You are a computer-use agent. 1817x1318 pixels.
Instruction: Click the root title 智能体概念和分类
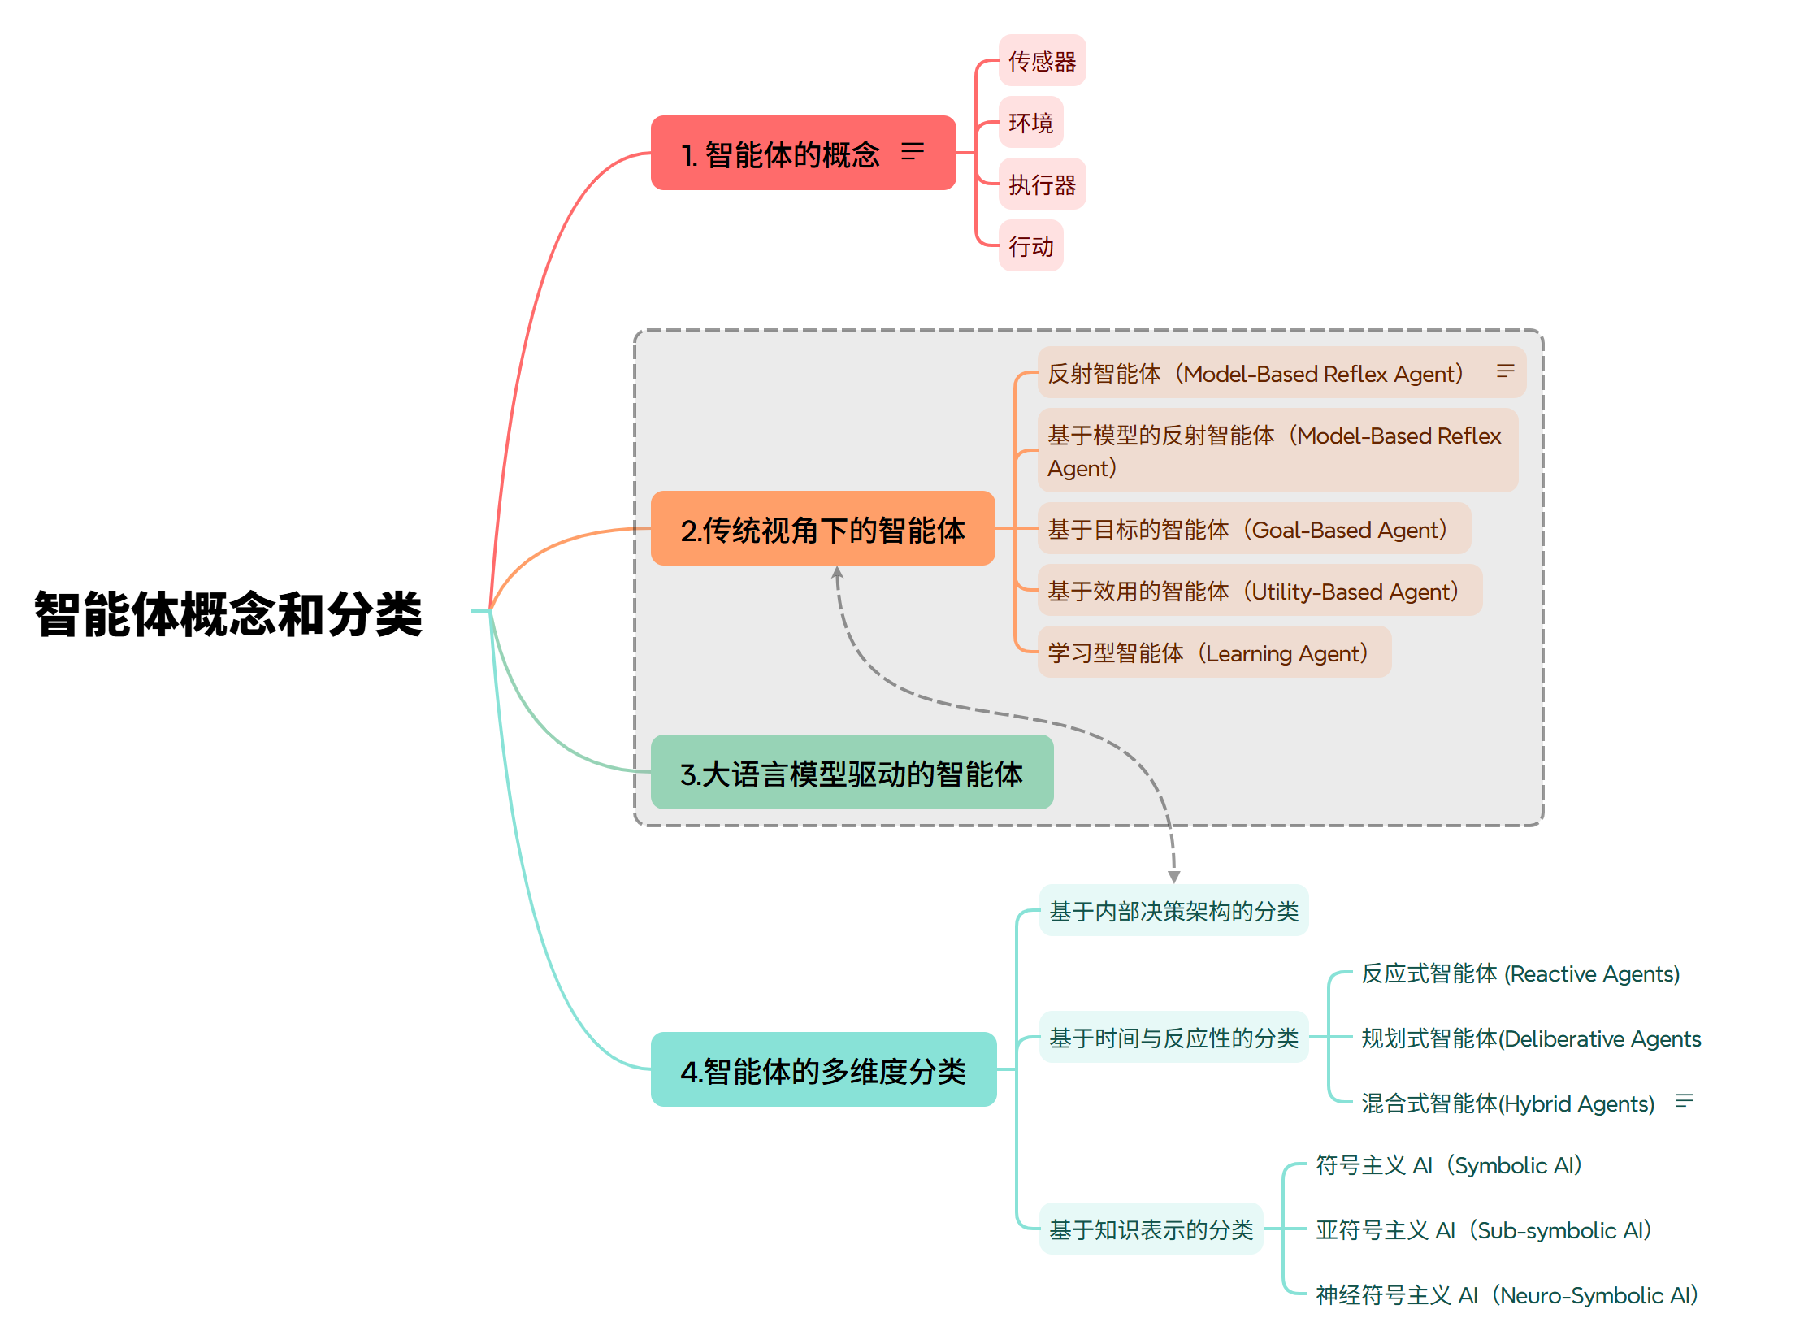(x=228, y=613)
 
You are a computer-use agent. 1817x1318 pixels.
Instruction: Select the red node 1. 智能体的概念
(x=780, y=154)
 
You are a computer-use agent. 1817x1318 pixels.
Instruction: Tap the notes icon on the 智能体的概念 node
(x=913, y=151)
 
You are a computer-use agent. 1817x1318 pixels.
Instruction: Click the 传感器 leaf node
(x=1042, y=61)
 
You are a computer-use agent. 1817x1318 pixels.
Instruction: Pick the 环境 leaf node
(x=1030, y=123)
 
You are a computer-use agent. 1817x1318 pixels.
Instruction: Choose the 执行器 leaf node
(x=1042, y=184)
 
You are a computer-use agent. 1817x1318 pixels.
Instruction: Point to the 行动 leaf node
(x=1030, y=246)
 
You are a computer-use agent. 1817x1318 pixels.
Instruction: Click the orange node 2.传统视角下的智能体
(x=822, y=529)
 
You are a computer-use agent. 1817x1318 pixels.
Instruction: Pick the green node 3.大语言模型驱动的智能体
(x=852, y=773)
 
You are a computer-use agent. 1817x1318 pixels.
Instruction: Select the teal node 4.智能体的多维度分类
(x=823, y=1070)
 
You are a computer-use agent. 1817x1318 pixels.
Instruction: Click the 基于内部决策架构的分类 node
(x=1173, y=911)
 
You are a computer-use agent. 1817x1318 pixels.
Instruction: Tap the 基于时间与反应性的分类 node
(x=1173, y=1038)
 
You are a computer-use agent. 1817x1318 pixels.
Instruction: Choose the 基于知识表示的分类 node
(x=1151, y=1229)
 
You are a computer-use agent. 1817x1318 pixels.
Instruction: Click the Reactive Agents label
(x=1520, y=973)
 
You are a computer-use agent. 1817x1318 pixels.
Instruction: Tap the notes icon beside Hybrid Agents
(x=1685, y=1101)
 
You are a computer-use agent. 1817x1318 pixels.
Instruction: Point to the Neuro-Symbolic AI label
(x=1506, y=1294)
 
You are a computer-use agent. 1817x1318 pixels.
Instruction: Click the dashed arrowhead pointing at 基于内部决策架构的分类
(x=1174, y=877)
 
